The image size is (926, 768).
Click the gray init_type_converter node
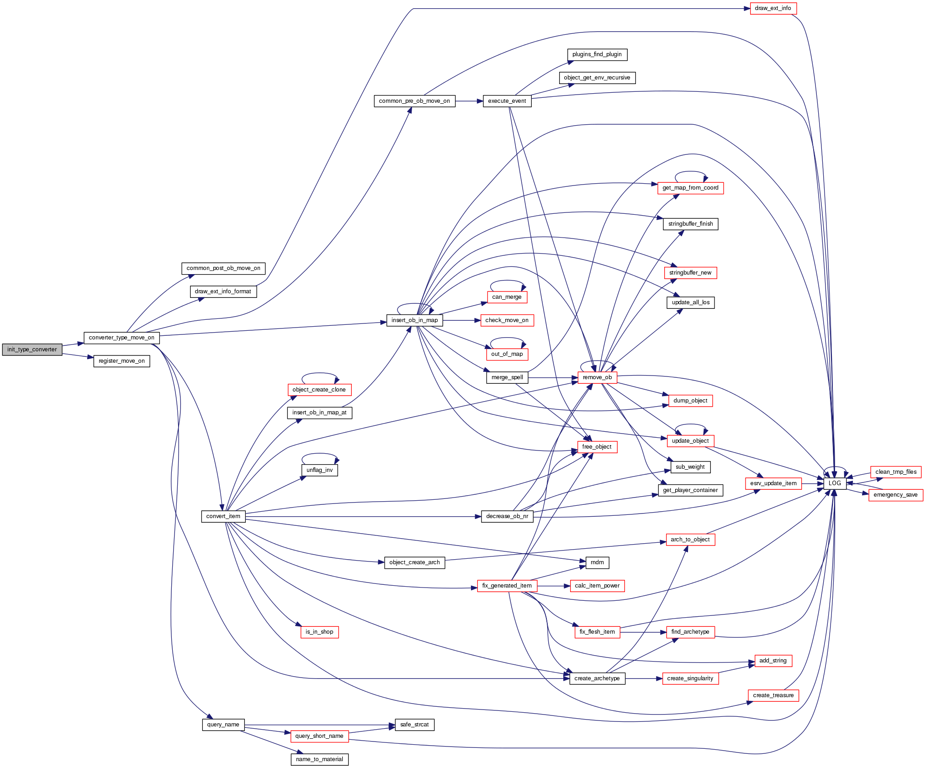click(x=32, y=350)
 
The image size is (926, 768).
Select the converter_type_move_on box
click(x=122, y=338)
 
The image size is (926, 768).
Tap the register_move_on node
click(x=122, y=361)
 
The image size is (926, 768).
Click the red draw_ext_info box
click(x=773, y=8)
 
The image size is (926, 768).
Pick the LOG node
click(x=835, y=483)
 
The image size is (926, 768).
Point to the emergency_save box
click(x=895, y=495)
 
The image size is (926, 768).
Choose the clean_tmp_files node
click(x=896, y=472)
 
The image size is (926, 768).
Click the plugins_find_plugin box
click(x=597, y=54)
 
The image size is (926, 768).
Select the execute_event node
click(x=507, y=101)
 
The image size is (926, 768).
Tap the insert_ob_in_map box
click(x=414, y=320)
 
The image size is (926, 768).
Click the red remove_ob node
click(x=597, y=377)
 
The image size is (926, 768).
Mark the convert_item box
click(x=223, y=516)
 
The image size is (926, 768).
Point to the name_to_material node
click(x=319, y=759)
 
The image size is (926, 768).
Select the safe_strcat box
click(x=414, y=725)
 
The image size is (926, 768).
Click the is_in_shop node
click(x=319, y=632)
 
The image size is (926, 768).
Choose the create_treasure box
click(x=773, y=695)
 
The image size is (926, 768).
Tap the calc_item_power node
click(x=597, y=586)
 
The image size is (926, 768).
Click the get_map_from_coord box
click(x=690, y=188)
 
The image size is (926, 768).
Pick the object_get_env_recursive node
click(x=597, y=78)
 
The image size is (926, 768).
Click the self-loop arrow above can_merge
click(x=507, y=281)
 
